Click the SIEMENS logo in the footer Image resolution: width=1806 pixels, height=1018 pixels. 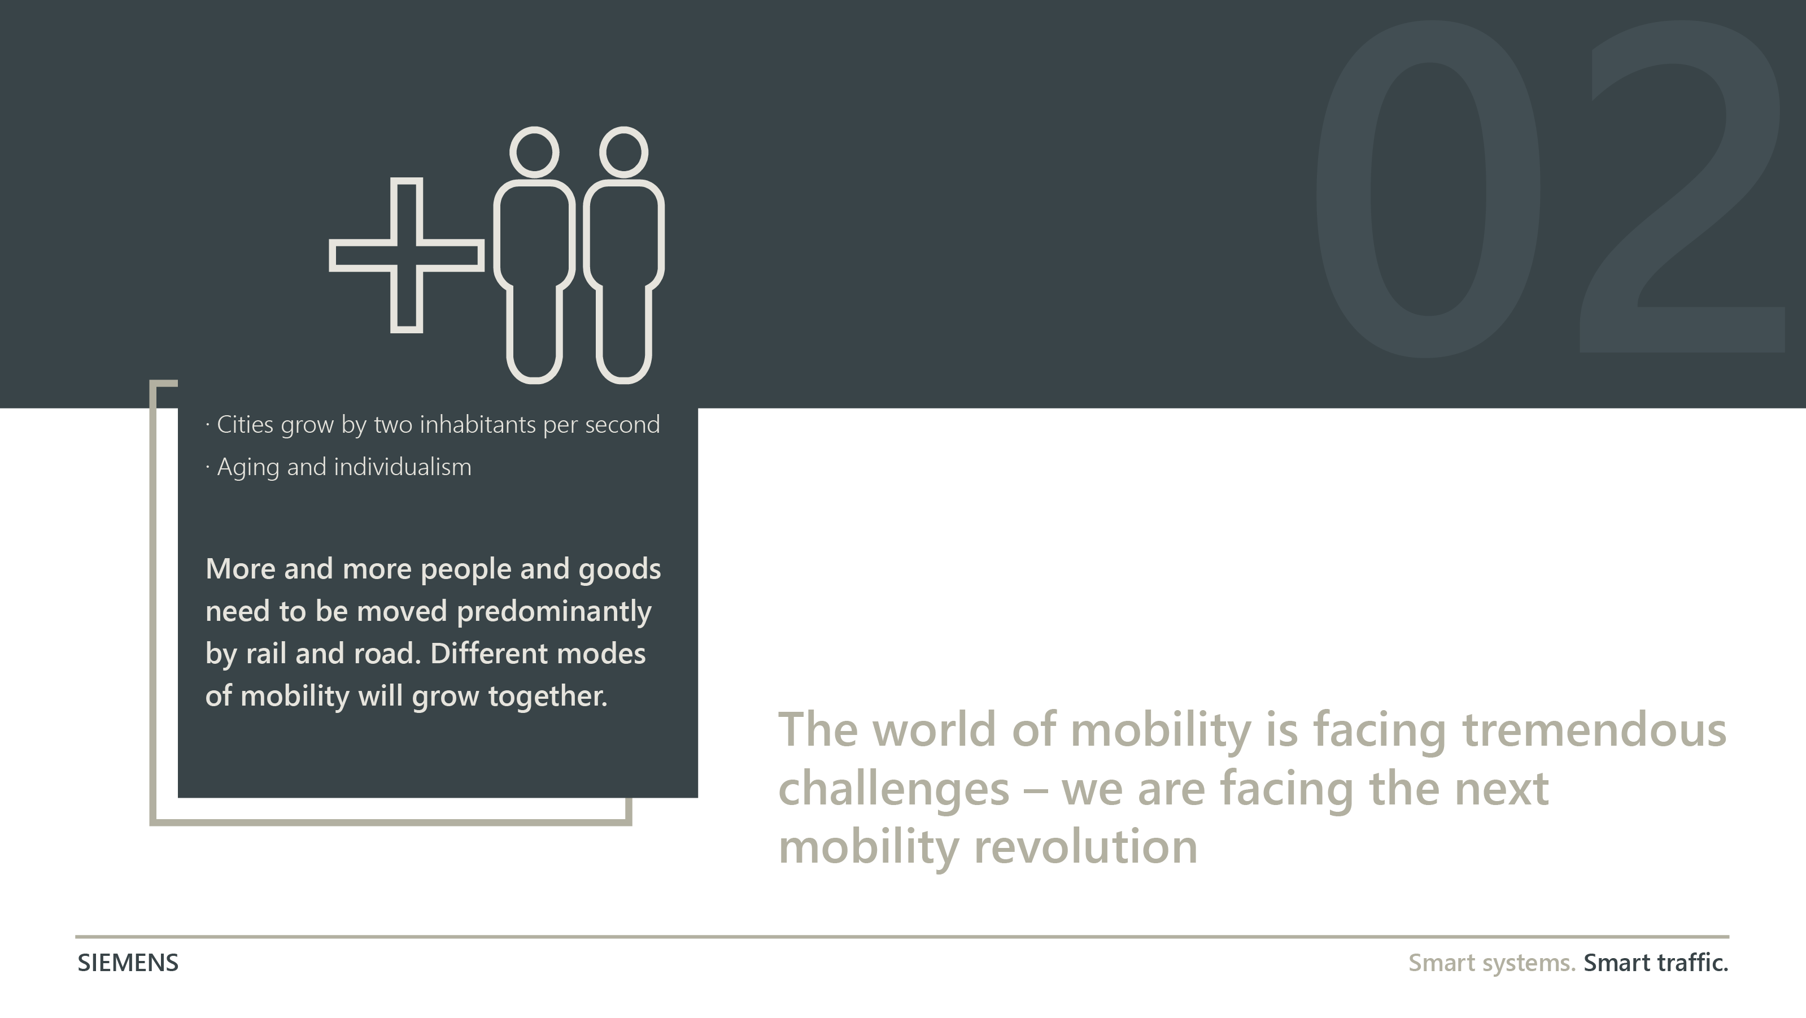128,963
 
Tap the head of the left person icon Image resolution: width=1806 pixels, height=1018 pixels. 534,151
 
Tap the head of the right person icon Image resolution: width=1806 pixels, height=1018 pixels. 623,151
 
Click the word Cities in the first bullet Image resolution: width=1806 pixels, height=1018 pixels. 245,424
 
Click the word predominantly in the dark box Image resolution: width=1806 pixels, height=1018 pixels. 554,612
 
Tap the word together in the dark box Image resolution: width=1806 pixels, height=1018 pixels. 548,696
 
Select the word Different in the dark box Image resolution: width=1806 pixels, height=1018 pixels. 488,654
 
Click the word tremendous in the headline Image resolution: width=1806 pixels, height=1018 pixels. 1594,729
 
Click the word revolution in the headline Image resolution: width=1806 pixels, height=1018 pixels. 1086,847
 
